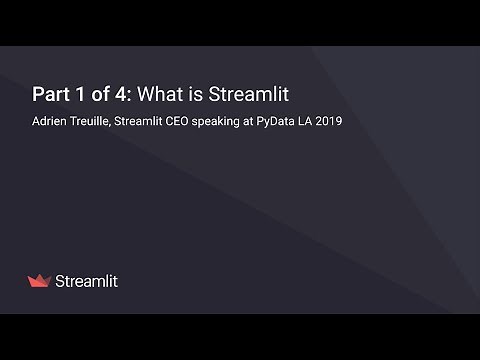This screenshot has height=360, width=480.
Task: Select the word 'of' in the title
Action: (x=97, y=95)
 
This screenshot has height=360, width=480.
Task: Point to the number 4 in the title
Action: (x=119, y=95)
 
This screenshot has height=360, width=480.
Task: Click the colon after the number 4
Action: (x=128, y=96)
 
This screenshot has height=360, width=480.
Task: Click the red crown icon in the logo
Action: (x=40, y=281)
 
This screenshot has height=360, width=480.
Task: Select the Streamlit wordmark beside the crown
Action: (x=86, y=281)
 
